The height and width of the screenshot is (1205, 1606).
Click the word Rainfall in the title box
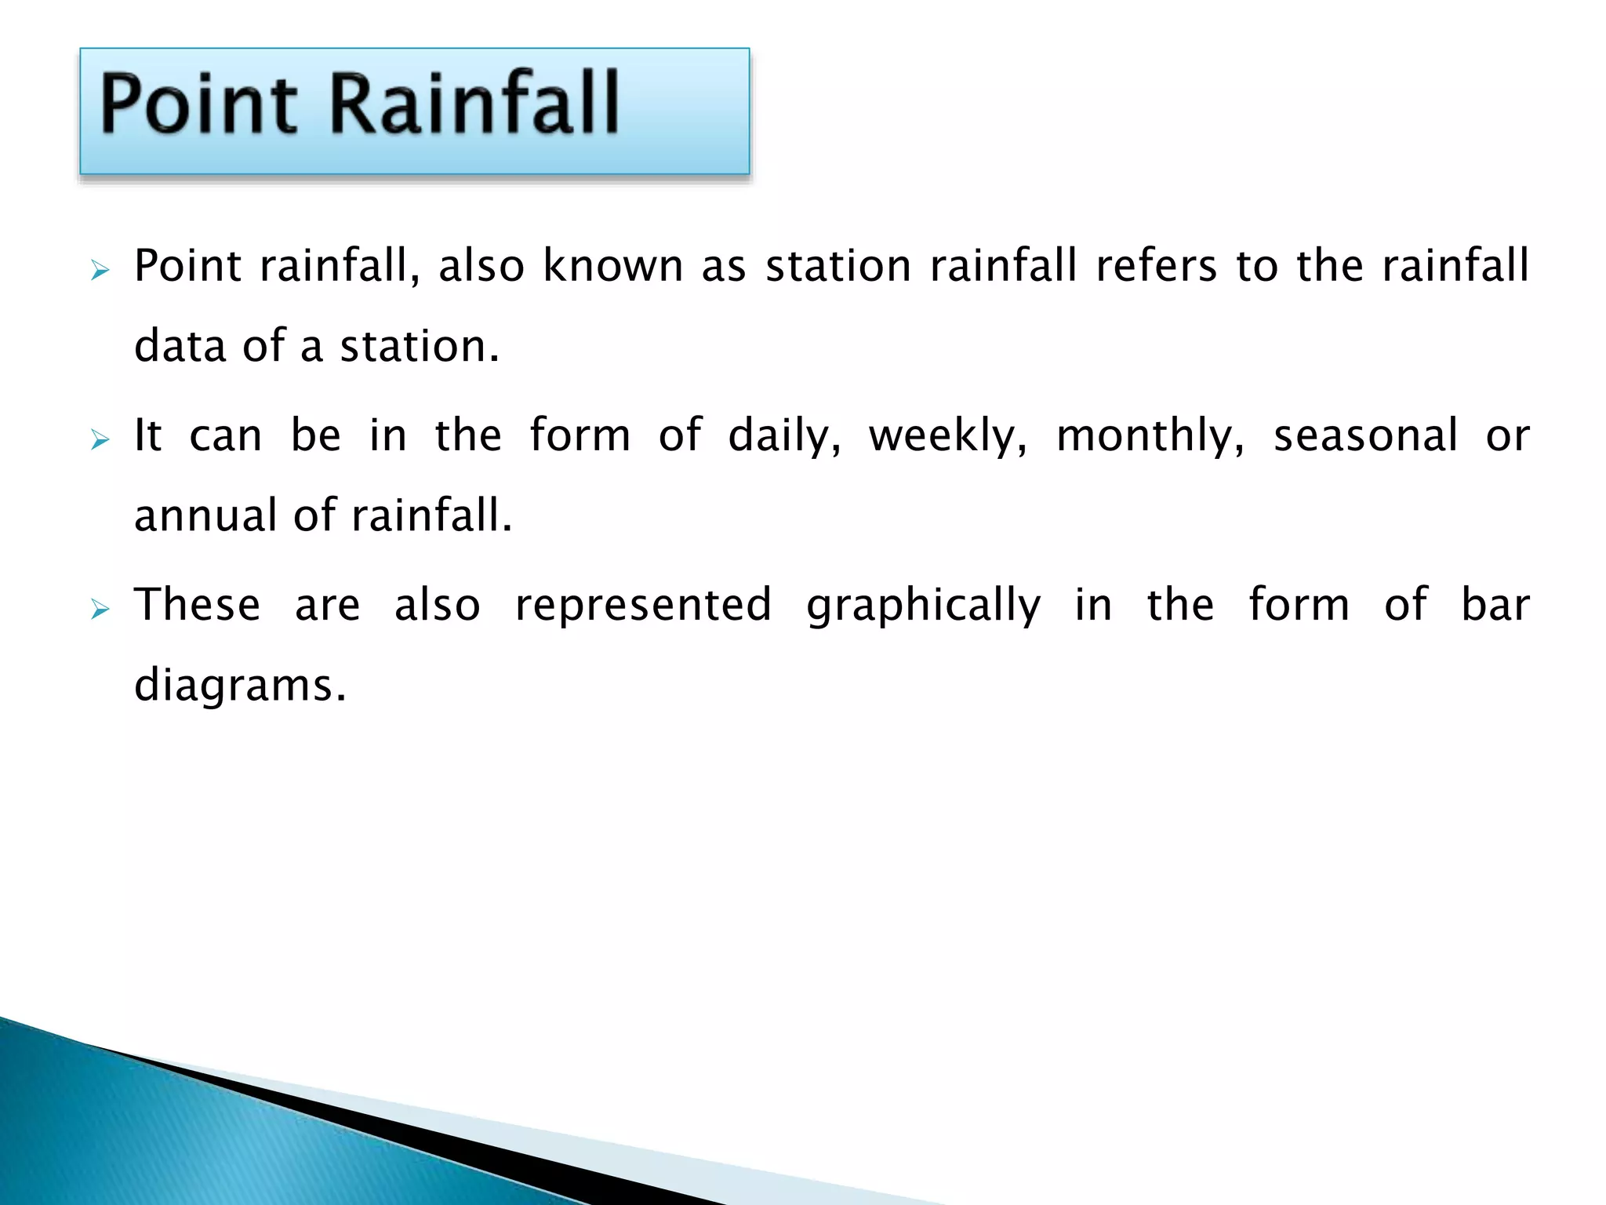[474, 103]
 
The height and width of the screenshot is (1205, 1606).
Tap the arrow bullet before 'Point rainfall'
[100, 271]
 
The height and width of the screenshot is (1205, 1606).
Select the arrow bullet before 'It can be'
[100, 441]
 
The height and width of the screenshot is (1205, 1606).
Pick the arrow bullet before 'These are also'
[100, 610]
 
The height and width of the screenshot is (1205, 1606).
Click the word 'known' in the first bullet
[613, 265]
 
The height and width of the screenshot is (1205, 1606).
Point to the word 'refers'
[1156, 265]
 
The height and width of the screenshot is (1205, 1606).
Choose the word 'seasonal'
[1365, 435]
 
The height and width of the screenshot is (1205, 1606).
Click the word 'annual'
[205, 515]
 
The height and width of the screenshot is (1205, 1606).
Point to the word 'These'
[197, 604]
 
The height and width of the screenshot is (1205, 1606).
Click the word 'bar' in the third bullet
[1495, 604]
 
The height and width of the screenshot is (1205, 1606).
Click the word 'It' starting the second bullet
[147, 435]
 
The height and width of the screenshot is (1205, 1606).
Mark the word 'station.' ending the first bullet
[419, 346]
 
